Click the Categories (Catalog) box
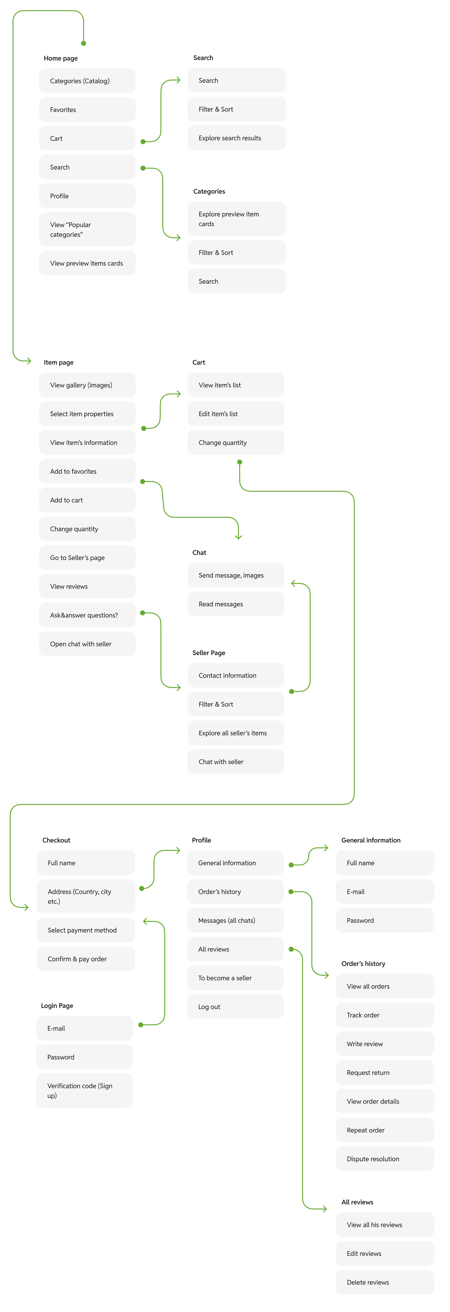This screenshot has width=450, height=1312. click(87, 81)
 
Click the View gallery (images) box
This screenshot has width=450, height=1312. click(87, 385)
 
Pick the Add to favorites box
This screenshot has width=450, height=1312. click(87, 471)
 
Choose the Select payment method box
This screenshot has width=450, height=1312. click(86, 930)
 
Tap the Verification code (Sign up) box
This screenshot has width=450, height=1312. click(85, 1090)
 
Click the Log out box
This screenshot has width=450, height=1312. click(235, 1007)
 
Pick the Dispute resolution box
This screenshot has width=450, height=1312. click(385, 1159)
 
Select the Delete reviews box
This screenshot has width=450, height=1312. click(385, 1282)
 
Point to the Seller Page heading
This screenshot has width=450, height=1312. click(209, 653)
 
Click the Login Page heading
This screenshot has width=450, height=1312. click(57, 1005)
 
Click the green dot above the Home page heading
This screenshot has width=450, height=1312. click(84, 43)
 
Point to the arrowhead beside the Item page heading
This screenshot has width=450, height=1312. click(29, 361)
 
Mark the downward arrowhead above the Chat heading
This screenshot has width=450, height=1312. click(238, 536)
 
